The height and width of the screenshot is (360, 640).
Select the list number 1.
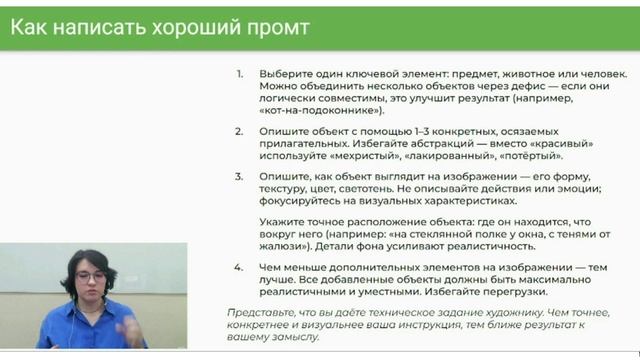pyautogui.click(x=239, y=74)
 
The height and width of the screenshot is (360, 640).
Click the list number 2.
pyautogui.click(x=239, y=132)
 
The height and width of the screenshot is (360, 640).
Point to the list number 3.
pyautogui.click(x=239, y=175)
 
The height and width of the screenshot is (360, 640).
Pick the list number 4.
pyautogui.click(x=239, y=268)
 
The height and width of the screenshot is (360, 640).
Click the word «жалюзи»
pyautogui.click(x=283, y=245)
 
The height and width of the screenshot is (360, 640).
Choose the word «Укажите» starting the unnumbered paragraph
pyautogui.click(x=284, y=221)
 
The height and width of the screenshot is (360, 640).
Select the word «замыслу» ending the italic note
pyautogui.click(x=293, y=337)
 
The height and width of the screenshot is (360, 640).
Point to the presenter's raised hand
pyautogui.click(x=127, y=325)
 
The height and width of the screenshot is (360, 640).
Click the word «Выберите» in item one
pyautogui.click(x=287, y=74)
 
